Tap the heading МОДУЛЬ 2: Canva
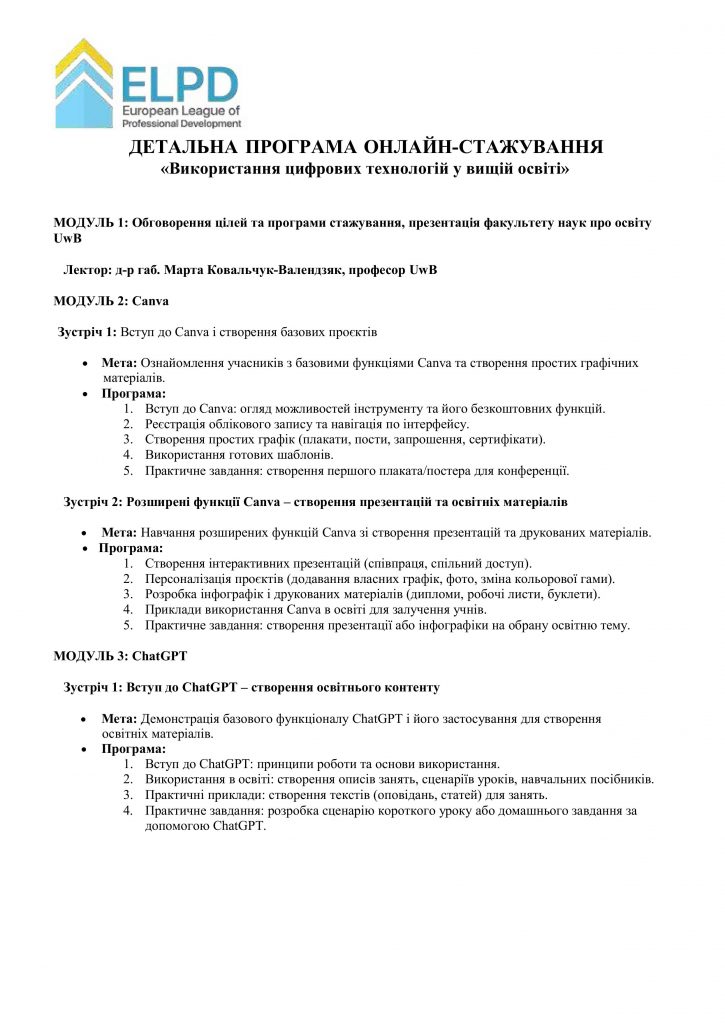(x=111, y=300)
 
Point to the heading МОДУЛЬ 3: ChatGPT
(x=120, y=656)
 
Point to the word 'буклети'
(x=569, y=594)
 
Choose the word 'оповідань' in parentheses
(x=404, y=795)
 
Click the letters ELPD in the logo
(x=180, y=82)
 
